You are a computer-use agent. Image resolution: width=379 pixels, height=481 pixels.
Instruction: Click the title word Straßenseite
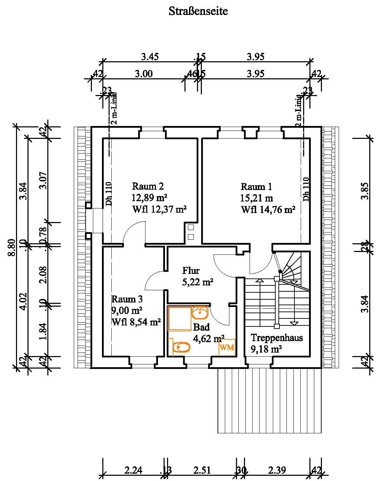[x=198, y=11]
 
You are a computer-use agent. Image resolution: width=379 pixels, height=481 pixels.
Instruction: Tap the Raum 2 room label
[x=148, y=186]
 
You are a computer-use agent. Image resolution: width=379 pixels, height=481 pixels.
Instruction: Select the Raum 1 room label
[x=256, y=187]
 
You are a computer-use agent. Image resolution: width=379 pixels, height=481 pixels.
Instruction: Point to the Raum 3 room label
[x=127, y=299]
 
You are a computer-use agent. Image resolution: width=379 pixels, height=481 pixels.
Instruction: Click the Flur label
[x=191, y=270]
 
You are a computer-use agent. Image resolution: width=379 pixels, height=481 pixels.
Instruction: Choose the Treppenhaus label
[x=277, y=338]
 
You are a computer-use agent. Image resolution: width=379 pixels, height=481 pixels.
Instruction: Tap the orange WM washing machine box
[x=227, y=347]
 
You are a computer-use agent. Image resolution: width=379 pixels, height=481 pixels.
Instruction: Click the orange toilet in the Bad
[x=181, y=347]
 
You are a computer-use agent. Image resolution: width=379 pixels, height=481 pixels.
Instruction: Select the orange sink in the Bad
[x=200, y=313]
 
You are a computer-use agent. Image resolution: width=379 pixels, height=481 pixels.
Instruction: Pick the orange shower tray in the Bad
[x=179, y=318]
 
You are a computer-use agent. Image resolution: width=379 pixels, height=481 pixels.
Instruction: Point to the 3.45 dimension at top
[x=150, y=56]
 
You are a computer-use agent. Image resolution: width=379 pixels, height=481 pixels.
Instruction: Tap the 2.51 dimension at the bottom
[x=202, y=470]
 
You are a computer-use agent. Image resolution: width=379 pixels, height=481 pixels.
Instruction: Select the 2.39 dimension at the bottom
[x=277, y=470]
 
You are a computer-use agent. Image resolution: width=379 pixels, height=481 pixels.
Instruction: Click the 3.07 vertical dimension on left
[x=43, y=180]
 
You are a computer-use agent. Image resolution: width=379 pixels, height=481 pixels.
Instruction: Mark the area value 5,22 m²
[x=198, y=282]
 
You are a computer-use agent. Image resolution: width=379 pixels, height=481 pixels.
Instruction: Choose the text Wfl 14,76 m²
[x=268, y=210]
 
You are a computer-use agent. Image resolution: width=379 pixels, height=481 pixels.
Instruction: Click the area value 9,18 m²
[x=266, y=349]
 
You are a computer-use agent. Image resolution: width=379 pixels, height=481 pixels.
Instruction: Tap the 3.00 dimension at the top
[x=144, y=74]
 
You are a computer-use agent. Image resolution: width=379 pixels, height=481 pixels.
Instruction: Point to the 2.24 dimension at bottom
[x=133, y=470]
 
